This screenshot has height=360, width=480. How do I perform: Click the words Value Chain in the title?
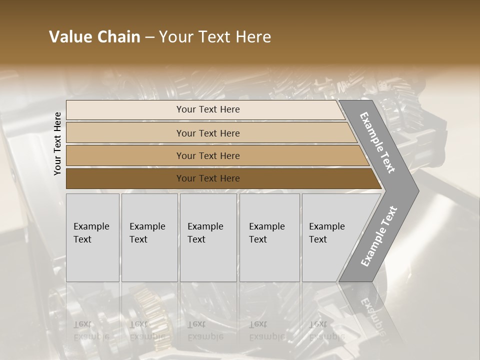(94, 37)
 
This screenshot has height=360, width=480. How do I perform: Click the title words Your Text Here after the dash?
(215, 37)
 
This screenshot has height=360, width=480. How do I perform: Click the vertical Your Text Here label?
(57, 143)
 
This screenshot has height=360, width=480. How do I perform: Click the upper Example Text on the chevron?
(377, 142)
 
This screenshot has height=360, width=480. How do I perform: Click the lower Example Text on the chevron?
(378, 236)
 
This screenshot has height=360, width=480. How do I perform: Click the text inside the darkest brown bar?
(208, 178)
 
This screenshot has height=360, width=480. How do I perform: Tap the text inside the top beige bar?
(208, 109)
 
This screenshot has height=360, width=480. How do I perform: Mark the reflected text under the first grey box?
(90, 330)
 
